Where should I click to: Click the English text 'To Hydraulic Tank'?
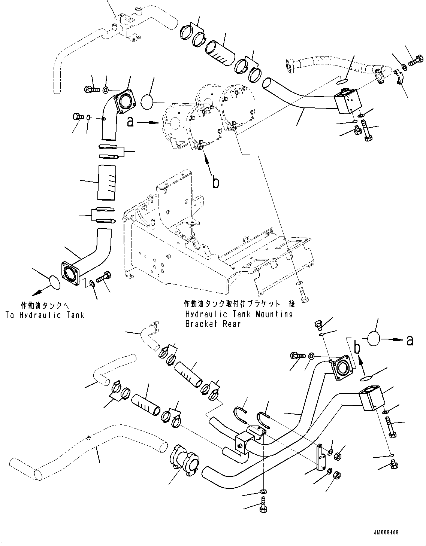click(45, 315)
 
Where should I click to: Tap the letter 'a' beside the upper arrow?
click(130, 122)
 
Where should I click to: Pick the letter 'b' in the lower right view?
click(358, 348)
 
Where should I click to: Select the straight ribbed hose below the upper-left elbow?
click(107, 182)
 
